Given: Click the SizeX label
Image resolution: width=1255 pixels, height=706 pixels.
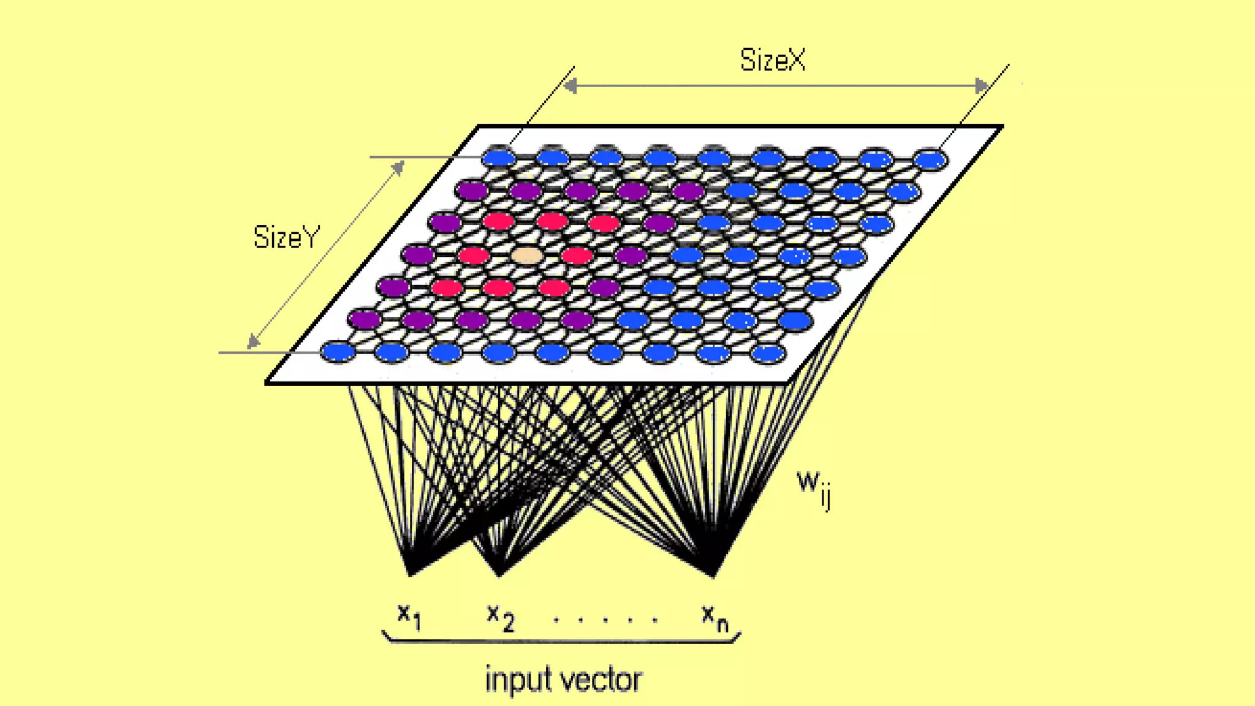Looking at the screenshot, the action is (772, 60).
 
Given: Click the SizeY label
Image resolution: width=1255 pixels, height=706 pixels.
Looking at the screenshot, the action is (286, 237).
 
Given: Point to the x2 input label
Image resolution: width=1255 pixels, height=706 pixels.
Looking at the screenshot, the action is (501, 617).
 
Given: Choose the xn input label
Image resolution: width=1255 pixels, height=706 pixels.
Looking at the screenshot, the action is (715, 617).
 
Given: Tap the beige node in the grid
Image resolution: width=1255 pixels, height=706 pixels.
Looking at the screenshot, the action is (526, 255).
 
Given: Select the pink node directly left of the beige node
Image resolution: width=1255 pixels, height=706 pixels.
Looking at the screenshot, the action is (474, 255).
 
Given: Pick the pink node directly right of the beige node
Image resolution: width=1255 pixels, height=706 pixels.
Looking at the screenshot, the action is (577, 255).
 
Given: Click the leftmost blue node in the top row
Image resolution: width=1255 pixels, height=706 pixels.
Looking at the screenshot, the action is (499, 158).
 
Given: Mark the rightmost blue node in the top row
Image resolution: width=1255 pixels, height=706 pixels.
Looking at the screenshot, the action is (930, 160).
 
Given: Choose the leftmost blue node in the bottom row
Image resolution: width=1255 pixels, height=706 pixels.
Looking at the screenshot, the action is (338, 352).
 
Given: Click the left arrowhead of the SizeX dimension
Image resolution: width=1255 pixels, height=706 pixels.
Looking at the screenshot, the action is (570, 86).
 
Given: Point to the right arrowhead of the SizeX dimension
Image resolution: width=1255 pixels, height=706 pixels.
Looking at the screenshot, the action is (982, 86).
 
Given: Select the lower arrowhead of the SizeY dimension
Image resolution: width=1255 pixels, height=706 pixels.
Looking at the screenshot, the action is (252, 342).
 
